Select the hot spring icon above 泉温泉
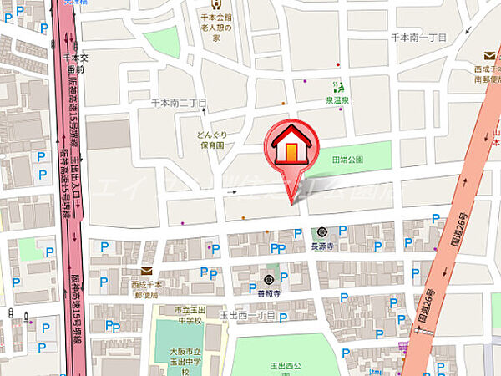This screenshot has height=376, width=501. [x=338, y=85]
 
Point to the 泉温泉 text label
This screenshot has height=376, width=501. [x=338, y=98]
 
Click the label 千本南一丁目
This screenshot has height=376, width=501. [x=418, y=38]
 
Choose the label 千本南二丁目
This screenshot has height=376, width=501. [x=178, y=103]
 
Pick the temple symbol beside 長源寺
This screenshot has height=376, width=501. [x=321, y=233]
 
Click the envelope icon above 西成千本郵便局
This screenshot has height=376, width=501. [x=147, y=271]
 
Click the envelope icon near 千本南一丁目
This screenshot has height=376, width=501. [x=478, y=56]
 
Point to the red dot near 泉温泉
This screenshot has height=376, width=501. [x=337, y=64]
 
